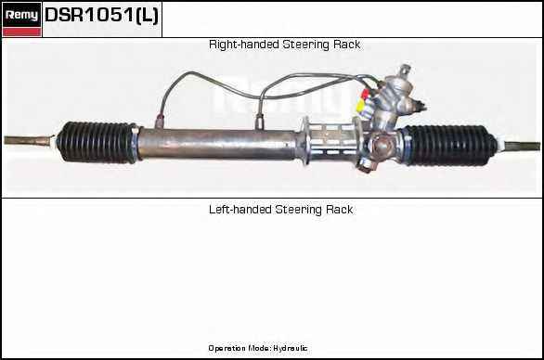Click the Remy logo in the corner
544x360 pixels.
click(22, 15)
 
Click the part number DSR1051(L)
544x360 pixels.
click(102, 16)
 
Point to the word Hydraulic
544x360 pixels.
click(290, 348)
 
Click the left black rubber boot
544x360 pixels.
click(97, 142)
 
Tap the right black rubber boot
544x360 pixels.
click(449, 146)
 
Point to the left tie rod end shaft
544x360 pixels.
click(30, 140)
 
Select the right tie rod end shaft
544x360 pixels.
click(521, 146)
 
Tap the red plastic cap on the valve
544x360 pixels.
click(365, 94)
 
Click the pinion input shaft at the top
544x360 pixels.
click(404, 71)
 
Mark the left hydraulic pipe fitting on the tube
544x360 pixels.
click(160, 121)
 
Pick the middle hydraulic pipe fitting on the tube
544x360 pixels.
click(259, 122)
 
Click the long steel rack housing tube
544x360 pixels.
click(218, 144)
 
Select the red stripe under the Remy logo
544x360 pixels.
click(22, 32)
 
